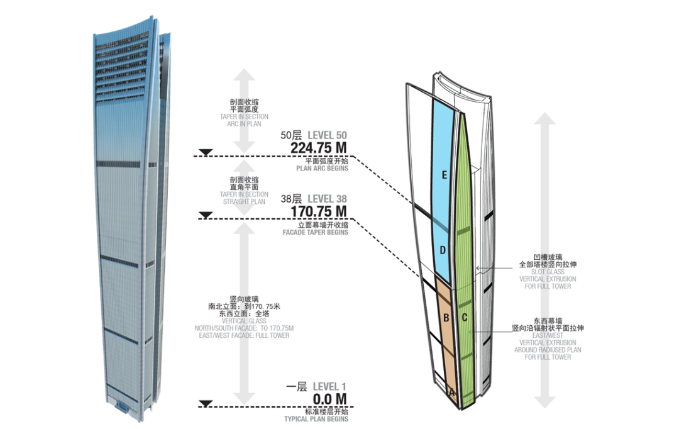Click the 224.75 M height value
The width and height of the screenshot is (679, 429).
click(x=319, y=148)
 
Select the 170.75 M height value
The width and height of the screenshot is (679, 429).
click(x=319, y=211)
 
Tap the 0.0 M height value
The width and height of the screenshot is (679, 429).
click(x=330, y=399)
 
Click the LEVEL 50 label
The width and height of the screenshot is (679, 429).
click(x=328, y=135)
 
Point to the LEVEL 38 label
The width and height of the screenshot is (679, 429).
click(x=328, y=199)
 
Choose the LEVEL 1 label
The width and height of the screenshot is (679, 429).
click(x=329, y=386)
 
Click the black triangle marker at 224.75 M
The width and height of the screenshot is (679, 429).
click(x=206, y=152)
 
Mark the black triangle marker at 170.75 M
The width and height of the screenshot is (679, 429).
click(x=206, y=215)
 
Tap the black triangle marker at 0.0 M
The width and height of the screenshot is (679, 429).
click(x=206, y=403)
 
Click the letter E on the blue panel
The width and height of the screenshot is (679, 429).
click(x=444, y=175)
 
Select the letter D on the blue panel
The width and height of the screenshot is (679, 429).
click(x=443, y=250)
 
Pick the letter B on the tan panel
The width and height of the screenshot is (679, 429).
click(x=446, y=318)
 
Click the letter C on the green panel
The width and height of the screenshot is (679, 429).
click(x=465, y=318)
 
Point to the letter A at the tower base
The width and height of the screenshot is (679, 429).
click(x=452, y=393)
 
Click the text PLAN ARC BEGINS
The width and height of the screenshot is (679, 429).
click(x=322, y=168)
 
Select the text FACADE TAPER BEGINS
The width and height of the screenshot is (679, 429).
click(x=315, y=232)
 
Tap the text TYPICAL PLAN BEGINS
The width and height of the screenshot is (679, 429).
click(x=316, y=419)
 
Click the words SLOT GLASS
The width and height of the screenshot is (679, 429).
click(x=548, y=272)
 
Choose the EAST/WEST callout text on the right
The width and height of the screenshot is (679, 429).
click(x=548, y=335)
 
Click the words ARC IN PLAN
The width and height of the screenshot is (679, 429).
click(x=244, y=124)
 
